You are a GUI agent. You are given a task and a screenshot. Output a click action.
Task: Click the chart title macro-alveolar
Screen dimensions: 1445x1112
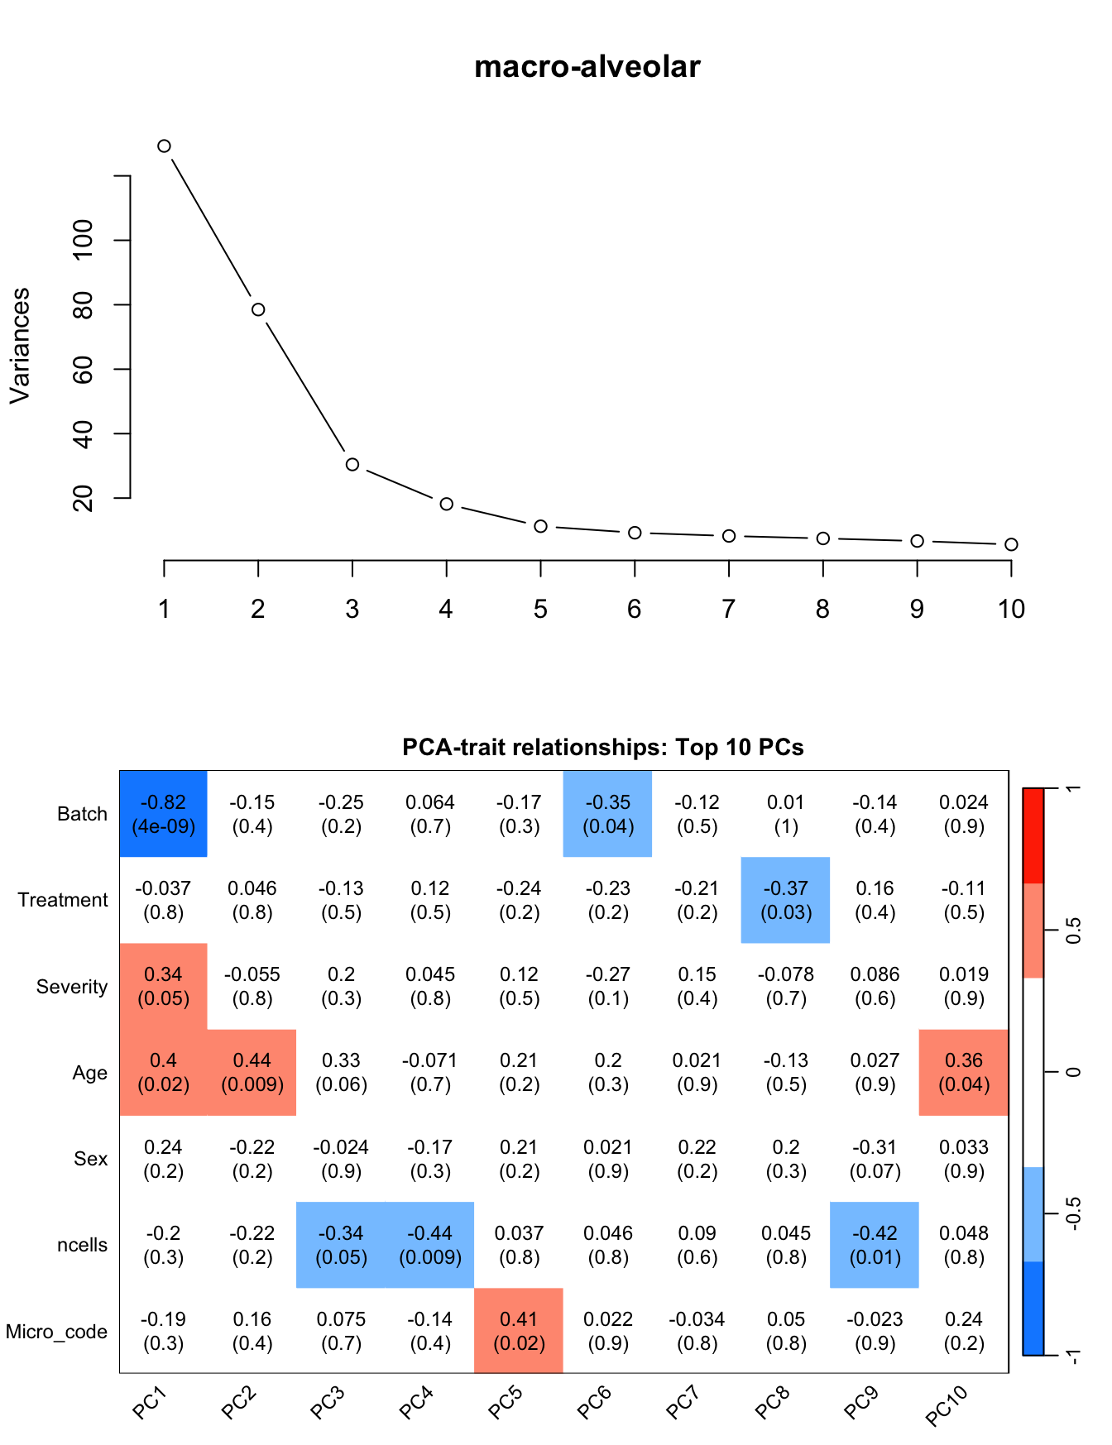click(587, 66)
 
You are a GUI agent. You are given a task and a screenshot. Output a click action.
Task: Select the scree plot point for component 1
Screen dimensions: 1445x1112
click(164, 146)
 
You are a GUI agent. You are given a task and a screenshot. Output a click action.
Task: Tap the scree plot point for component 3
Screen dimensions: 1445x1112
click(352, 465)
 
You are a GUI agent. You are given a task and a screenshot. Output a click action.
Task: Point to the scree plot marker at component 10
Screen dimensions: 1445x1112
click(1011, 544)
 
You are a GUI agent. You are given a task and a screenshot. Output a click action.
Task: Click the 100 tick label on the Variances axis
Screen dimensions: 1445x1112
click(84, 240)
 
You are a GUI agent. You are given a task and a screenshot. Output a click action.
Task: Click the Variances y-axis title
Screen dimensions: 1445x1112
click(20, 346)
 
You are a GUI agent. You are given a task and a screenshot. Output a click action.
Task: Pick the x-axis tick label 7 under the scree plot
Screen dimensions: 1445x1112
click(728, 610)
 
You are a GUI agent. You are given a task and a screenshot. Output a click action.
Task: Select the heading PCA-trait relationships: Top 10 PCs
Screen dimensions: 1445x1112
click(602, 748)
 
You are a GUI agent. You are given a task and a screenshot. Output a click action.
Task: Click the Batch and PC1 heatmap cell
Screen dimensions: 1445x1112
click(164, 814)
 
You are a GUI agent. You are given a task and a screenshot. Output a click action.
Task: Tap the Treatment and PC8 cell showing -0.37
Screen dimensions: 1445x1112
click(785, 900)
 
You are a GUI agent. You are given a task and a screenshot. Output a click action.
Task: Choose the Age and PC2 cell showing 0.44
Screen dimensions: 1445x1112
click(252, 1073)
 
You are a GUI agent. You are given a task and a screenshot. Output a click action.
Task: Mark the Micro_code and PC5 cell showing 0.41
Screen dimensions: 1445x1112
click(519, 1331)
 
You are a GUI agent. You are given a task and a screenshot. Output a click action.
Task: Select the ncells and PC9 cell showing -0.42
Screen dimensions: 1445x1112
click(875, 1245)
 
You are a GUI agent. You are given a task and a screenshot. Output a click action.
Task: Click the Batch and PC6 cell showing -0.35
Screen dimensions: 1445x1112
click(608, 814)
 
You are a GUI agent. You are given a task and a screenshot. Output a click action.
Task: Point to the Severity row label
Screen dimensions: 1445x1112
click(72, 987)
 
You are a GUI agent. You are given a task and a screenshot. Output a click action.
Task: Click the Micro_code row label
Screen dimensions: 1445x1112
click(56, 1332)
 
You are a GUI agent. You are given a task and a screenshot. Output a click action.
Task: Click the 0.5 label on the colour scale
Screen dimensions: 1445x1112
click(1073, 931)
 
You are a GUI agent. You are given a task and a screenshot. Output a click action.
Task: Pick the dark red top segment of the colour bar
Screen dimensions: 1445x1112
click(1033, 835)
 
